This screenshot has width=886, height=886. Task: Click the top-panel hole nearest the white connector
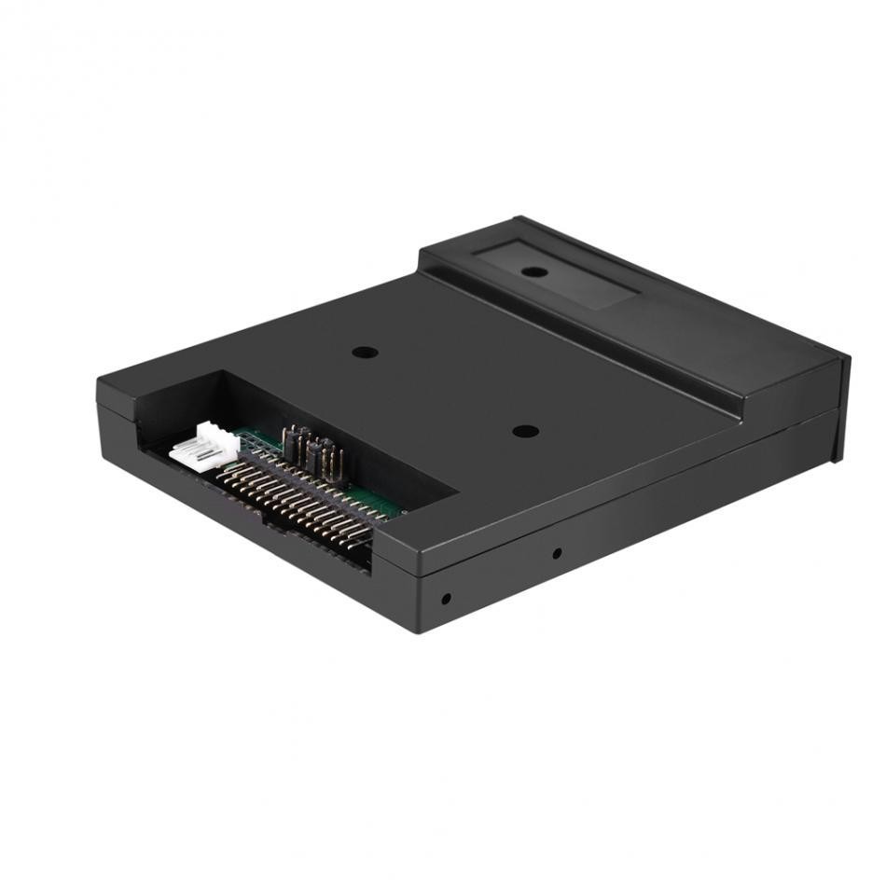365,353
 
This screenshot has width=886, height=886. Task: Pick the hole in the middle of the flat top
526,432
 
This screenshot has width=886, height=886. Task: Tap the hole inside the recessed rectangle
534,272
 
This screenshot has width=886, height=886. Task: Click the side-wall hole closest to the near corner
446,598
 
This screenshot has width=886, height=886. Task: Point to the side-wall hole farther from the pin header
557,554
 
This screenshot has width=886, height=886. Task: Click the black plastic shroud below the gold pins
317,550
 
